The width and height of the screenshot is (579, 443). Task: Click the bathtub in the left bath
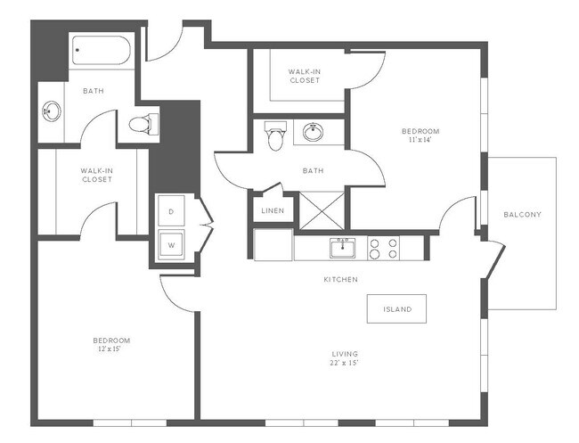click(x=102, y=53)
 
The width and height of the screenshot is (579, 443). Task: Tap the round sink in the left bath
click(x=52, y=112)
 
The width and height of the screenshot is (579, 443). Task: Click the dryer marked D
click(x=171, y=212)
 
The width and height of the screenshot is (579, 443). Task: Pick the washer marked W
click(x=171, y=242)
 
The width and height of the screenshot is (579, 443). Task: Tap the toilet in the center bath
click(x=275, y=137)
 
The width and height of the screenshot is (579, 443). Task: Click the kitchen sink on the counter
click(x=342, y=247)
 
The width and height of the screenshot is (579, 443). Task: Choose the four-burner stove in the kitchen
click(x=383, y=247)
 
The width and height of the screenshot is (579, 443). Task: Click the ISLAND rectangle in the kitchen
click(x=396, y=309)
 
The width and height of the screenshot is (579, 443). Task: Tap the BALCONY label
click(x=522, y=215)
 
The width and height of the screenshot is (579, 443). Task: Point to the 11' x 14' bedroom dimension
click(x=424, y=140)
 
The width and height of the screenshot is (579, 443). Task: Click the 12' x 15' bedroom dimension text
click(x=111, y=349)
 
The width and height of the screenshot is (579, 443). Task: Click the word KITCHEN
click(x=340, y=280)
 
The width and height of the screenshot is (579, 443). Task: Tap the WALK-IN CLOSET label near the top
click(x=305, y=76)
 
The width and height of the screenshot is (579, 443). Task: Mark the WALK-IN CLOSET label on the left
click(x=96, y=175)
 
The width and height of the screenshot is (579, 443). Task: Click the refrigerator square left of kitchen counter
click(x=273, y=245)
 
